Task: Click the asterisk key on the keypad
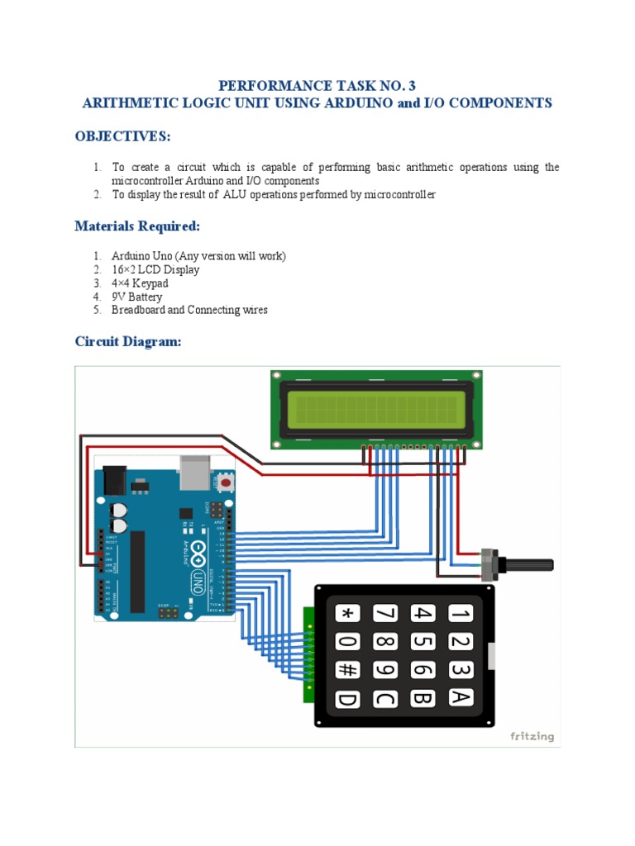pos(347,613)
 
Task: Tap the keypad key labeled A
pos(461,697)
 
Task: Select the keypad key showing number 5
pos(423,641)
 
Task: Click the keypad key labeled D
pos(347,699)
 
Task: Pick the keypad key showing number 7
pos(384,613)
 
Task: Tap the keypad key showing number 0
pos(347,642)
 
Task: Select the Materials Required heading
pos(136,226)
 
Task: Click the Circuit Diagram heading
pos(127,341)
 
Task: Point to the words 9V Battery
pos(137,297)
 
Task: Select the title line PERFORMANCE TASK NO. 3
pos(317,86)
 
